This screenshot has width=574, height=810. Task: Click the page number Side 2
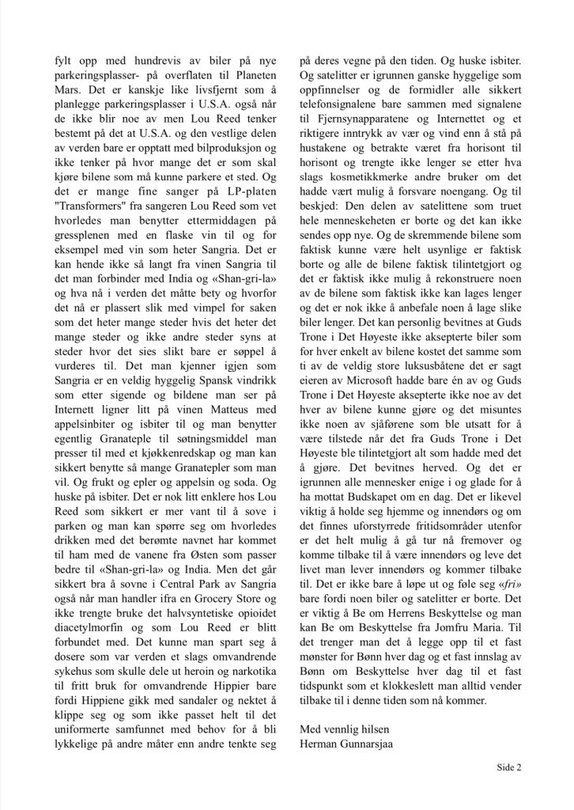tap(509, 767)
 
